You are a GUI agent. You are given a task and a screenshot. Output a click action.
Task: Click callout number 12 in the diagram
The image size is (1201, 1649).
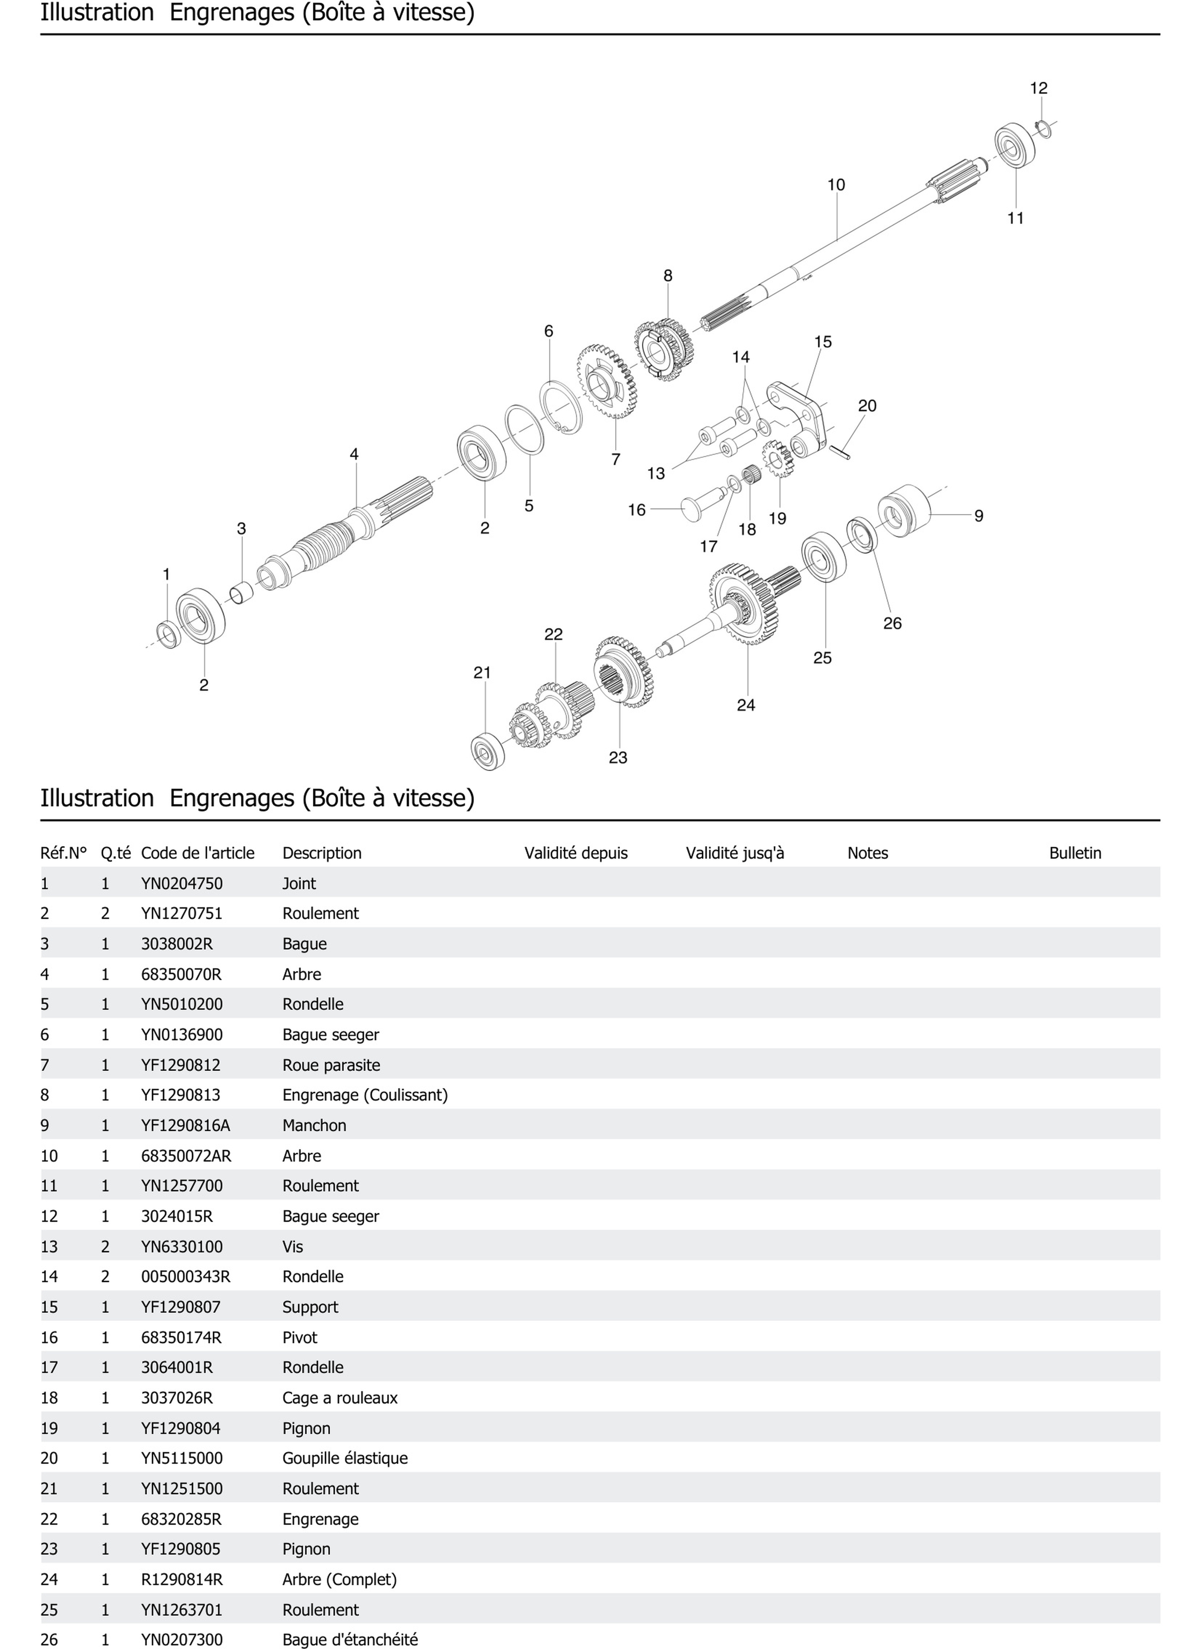pyautogui.click(x=1038, y=88)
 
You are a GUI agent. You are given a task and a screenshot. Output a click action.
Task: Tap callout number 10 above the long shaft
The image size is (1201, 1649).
pyautogui.click(x=836, y=185)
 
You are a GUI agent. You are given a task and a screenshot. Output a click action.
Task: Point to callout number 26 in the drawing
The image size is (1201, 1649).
pyautogui.click(x=892, y=623)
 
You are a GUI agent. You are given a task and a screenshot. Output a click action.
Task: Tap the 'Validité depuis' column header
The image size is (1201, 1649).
pyautogui.click(x=576, y=853)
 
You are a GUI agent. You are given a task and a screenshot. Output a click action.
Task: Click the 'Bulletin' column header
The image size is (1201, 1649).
pyautogui.click(x=1075, y=853)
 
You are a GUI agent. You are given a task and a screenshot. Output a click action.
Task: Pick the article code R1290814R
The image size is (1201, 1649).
pyautogui.click(x=182, y=1579)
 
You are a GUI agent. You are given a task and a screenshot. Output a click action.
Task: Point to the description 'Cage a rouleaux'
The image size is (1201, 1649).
pyautogui.click(x=340, y=1397)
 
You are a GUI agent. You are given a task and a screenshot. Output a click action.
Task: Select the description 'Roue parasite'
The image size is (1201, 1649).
pyautogui.click(x=331, y=1065)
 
